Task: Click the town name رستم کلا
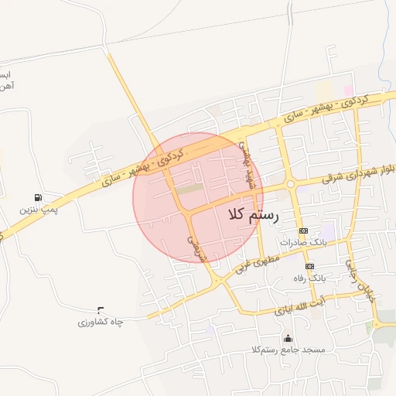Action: [253, 216]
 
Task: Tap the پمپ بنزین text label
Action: [39, 210]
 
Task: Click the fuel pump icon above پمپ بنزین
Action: [38, 197]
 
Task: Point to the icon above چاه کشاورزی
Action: [99, 309]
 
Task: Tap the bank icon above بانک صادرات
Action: [303, 230]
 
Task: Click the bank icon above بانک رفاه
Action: [309, 265]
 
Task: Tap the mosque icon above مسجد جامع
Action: [288, 338]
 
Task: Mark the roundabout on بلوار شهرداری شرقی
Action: [291, 184]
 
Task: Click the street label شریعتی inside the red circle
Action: [196, 244]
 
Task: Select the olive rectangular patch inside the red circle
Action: [189, 188]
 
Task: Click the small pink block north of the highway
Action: [349, 91]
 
